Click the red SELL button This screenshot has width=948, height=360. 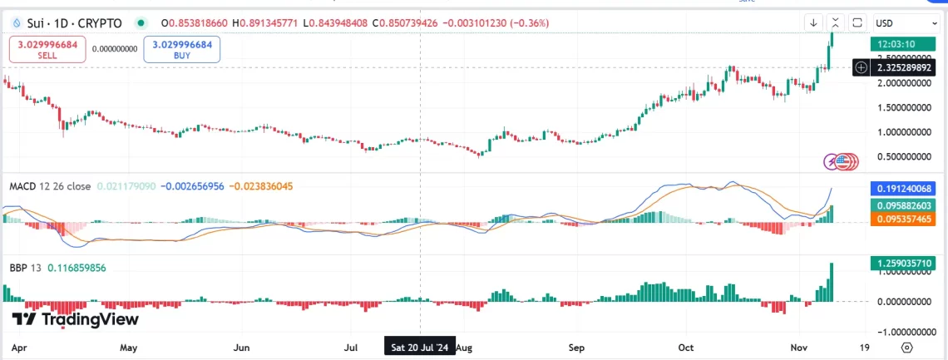click(x=47, y=50)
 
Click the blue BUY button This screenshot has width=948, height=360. click(x=181, y=50)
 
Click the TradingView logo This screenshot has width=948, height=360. click(x=76, y=319)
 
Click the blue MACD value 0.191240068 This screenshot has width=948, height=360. click(x=906, y=189)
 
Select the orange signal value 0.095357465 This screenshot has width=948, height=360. click(x=906, y=219)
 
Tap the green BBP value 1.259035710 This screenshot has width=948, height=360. click(x=906, y=264)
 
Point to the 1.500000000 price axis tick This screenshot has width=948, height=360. click(x=905, y=107)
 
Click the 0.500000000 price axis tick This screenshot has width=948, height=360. click(x=905, y=156)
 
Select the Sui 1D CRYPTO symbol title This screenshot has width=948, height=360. click(x=75, y=22)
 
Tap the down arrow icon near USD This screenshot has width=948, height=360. click(x=813, y=22)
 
